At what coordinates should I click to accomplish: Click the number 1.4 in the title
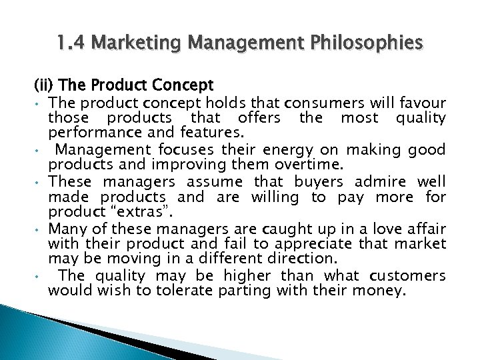(x=71, y=44)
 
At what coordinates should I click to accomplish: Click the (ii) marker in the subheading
(x=45, y=85)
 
